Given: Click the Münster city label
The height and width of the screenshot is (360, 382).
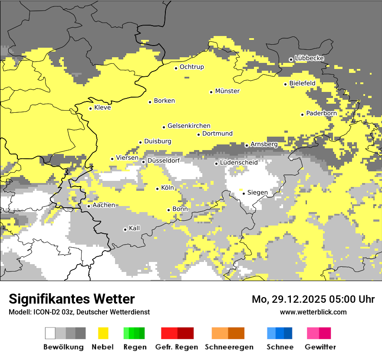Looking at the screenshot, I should tap(227, 91).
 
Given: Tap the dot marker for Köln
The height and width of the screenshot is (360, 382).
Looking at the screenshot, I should tap(158, 188).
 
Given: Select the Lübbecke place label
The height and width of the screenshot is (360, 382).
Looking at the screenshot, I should tap(309, 58).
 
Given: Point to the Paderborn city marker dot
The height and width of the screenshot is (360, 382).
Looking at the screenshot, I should tap(303, 115).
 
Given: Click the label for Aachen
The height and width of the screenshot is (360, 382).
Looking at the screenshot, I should tap(104, 205).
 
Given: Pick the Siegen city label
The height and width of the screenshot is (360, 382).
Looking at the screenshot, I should tap(257, 193).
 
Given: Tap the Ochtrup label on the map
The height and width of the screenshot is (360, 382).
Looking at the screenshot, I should tap(191, 67).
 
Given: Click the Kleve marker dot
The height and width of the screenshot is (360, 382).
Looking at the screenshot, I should tap(91, 108).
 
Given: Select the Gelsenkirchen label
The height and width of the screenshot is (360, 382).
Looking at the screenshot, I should tap(189, 126).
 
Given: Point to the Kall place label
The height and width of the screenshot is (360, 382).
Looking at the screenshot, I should tap(135, 228).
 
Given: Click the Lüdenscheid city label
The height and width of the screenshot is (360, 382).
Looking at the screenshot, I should tap(239, 163).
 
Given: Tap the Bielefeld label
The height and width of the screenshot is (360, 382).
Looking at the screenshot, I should tap(302, 83).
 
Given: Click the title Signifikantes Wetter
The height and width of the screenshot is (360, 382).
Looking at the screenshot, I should tap(72, 299).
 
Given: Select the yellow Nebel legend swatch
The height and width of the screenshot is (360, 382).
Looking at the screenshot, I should tap(103, 333).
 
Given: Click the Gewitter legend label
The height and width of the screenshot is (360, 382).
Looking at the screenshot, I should tap(320, 347).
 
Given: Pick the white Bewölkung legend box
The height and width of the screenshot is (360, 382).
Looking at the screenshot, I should tap(50, 333).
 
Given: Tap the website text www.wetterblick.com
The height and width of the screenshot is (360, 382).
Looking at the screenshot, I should tap(313, 312).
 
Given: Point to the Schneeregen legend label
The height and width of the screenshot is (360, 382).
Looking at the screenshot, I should tap(229, 347).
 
